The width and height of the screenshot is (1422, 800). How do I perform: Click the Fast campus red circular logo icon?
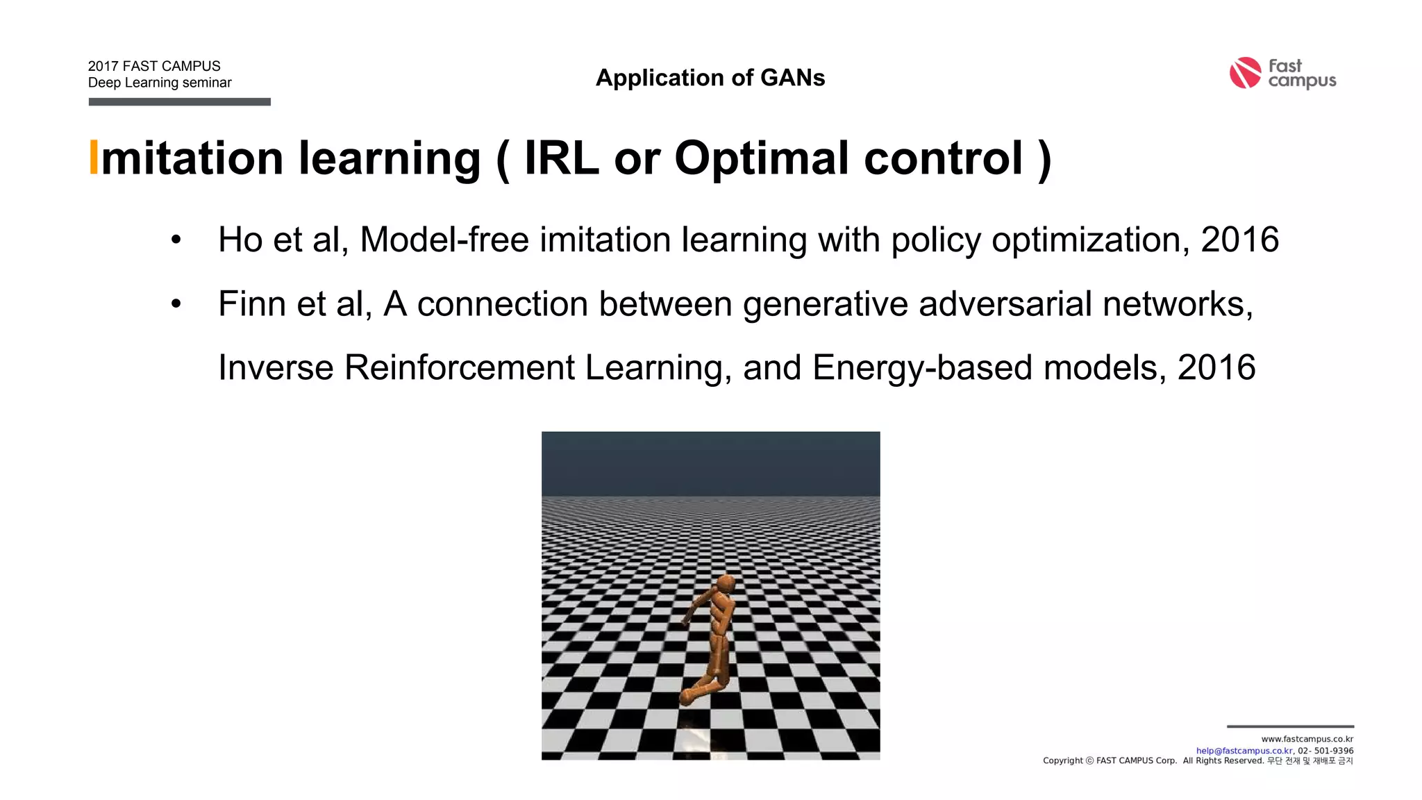point(1245,73)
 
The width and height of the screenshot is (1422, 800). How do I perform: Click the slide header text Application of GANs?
point(710,78)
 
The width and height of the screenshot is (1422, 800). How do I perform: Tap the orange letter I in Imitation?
point(94,158)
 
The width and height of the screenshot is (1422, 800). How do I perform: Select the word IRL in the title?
point(561,158)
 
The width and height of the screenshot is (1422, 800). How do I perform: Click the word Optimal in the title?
point(762,158)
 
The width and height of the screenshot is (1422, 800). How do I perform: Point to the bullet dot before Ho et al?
point(176,240)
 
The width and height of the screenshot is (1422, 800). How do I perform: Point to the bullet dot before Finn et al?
point(176,304)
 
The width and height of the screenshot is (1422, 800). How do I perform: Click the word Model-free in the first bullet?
point(444,240)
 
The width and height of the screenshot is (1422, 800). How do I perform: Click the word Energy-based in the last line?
point(922,368)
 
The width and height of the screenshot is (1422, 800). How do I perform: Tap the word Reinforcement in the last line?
point(459,368)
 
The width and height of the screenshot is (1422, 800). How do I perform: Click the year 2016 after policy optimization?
point(1239,240)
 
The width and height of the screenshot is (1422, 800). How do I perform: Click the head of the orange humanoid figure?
point(726,584)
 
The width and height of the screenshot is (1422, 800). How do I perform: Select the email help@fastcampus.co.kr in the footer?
point(1244,751)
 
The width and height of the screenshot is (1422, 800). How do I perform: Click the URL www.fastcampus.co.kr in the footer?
point(1307,739)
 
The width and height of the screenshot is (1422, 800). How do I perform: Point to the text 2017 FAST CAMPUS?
point(154,66)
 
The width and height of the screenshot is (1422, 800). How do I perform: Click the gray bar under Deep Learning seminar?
point(179,102)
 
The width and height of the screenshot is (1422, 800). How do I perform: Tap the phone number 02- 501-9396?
point(1325,751)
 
